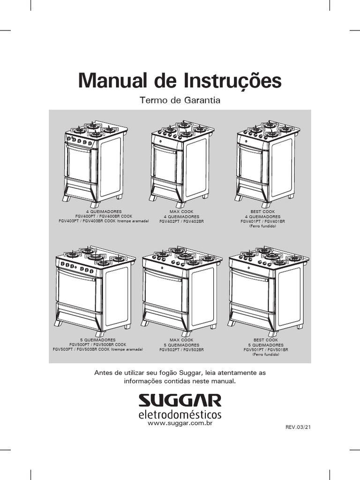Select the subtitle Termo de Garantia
[x=180, y=100]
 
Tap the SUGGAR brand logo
[x=180, y=400]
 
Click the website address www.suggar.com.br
[x=180, y=423]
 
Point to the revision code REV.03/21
[x=298, y=427]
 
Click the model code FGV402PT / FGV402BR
[x=181, y=221]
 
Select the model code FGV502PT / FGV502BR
[x=181, y=350]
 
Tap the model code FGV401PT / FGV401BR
[x=262, y=221]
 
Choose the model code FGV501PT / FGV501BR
[x=266, y=350]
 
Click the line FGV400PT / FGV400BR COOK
[x=104, y=216]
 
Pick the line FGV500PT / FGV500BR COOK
[x=97, y=345]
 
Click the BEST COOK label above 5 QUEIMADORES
[x=266, y=340]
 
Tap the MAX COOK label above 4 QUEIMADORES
[x=181, y=211]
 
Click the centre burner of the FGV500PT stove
[x=95, y=257]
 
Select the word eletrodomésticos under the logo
[x=180, y=414]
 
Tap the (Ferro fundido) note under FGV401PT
[x=262, y=226]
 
